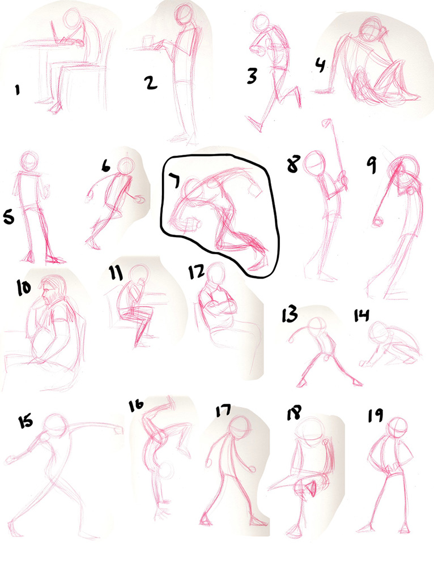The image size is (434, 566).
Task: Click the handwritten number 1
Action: point(16,90)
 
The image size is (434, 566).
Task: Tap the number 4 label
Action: point(321,66)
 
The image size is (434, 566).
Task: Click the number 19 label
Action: point(375,415)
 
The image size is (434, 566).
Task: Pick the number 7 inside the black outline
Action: point(174,180)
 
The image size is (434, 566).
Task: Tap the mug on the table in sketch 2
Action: point(148,42)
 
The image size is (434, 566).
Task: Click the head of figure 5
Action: point(29,160)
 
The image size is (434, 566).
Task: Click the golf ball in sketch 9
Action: point(378,222)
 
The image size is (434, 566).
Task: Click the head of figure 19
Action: point(397,428)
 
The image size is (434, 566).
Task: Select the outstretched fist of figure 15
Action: point(116,430)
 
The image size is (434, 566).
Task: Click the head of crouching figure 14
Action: point(378,331)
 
